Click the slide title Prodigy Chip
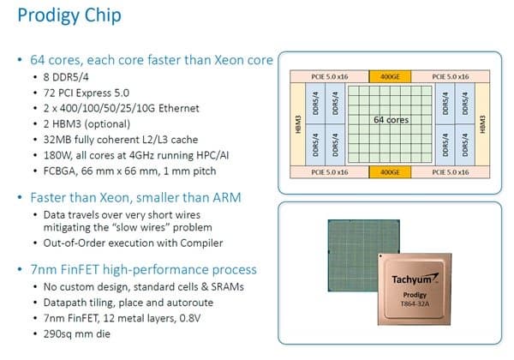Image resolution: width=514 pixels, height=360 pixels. pos(69,15)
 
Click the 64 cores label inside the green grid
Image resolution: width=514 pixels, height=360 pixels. pos(391,120)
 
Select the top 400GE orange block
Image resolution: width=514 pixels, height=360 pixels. pos(390,77)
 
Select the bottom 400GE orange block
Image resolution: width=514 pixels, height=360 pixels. pos(390,172)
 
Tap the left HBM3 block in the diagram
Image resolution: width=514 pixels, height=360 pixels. pos(297,124)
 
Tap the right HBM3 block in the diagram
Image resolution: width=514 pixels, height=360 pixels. pos(482,124)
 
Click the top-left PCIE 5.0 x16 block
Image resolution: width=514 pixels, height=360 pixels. pos(330,77)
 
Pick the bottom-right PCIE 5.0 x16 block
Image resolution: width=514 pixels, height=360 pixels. pos(451,172)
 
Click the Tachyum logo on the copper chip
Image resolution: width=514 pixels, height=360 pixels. pos(415,279)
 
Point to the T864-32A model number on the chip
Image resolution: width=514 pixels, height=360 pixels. pos(415,303)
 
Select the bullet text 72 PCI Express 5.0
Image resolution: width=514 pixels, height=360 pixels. pos(87,93)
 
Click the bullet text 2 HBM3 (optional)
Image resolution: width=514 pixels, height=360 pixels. pos(87,124)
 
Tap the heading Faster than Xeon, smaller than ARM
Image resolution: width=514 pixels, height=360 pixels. pos(135,198)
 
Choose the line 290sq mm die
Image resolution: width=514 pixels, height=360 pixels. pos(77,334)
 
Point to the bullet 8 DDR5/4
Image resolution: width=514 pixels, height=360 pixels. pos(66,77)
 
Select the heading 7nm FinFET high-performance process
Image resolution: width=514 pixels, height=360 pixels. pos(144,270)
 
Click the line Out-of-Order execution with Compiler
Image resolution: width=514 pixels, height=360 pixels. pos(133,243)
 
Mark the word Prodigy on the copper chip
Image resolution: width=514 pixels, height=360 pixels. pos(415,295)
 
